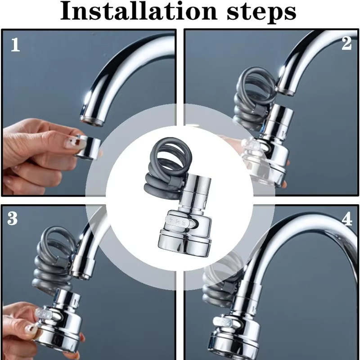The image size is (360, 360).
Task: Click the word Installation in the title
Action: click(139, 10)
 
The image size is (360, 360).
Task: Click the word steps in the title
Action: click(261, 13)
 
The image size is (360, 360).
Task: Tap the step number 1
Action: click(15, 45)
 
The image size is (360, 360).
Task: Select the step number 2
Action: click(346, 43)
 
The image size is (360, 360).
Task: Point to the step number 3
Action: click(12, 218)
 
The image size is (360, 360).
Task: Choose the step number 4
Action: click(347, 219)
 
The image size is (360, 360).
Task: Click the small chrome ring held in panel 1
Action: click(88, 147)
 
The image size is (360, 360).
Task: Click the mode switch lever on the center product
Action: click(179, 221)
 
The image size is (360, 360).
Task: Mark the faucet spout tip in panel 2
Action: click(285, 91)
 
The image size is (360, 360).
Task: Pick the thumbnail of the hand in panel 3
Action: click(30, 329)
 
